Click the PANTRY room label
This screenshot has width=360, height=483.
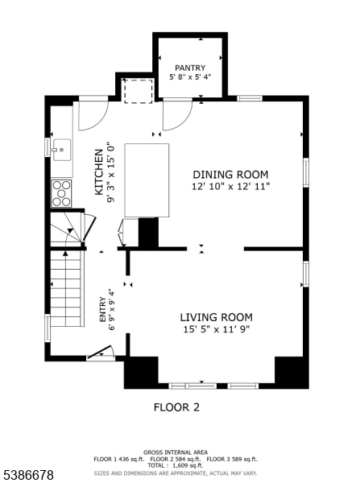pyautogui.click(x=190, y=68)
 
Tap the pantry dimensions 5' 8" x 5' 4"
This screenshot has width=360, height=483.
pyautogui.click(x=190, y=77)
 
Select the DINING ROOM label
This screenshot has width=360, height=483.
pyautogui.click(x=230, y=175)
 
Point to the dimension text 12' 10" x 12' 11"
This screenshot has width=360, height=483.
pyautogui.click(x=230, y=186)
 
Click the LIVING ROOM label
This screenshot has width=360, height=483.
pyautogui.click(x=216, y=317)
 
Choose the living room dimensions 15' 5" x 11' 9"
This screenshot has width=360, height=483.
pyautogui.click(x=216, y=328)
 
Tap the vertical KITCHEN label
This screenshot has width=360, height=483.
pyautogui.click(x=100, y=172)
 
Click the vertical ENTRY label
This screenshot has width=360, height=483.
pyautogui.click(x=103, y=310)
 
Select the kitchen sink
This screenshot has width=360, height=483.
pyautogui.click(x=60, y=150)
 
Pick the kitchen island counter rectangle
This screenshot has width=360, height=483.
pyautogui.click(x=147, y=180)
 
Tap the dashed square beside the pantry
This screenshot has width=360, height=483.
pyautogui.click(x=139, y=90)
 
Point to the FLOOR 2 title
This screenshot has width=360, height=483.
pyautogui.click(x=176, y=407)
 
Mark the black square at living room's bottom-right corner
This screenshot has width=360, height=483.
pyautogui.click(x=291, y=372)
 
